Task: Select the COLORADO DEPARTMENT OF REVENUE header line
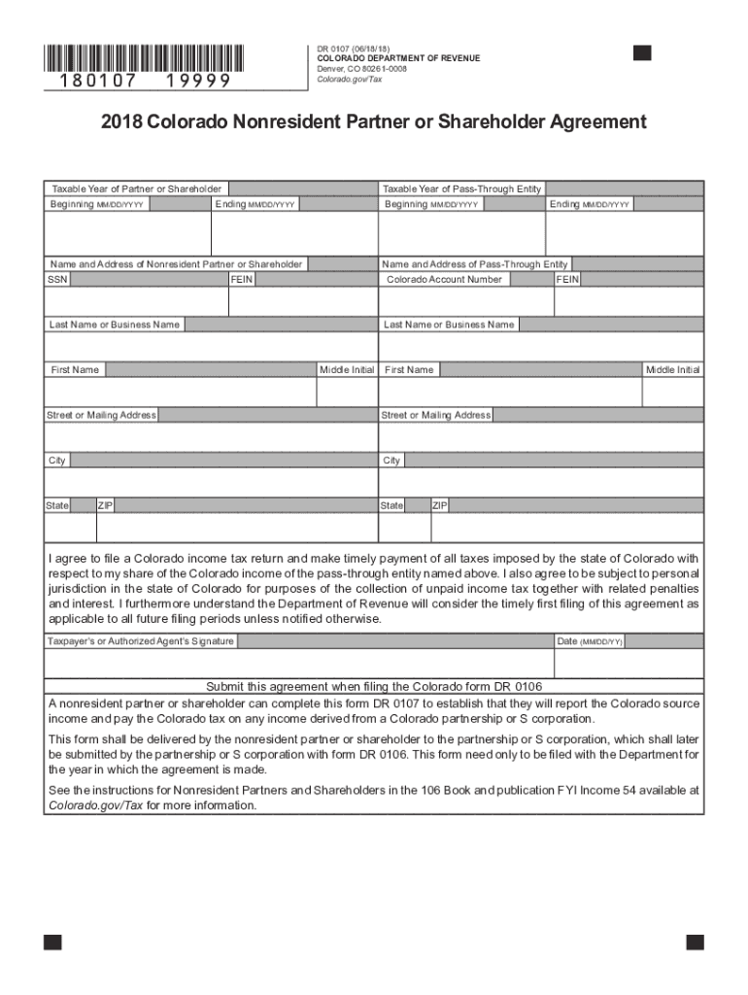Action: point(398,59)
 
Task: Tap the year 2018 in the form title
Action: point(121,122)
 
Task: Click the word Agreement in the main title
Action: point(596,122)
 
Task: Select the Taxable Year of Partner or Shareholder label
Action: point(136,189)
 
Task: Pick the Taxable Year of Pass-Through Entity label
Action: point(461,189)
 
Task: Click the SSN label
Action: point(57,279)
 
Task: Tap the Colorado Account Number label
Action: point(444,279)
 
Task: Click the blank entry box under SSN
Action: point(136,301)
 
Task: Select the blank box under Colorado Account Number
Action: point(465,301)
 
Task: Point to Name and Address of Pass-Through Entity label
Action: point(475,264)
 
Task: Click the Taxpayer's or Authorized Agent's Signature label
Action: point(141,641)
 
